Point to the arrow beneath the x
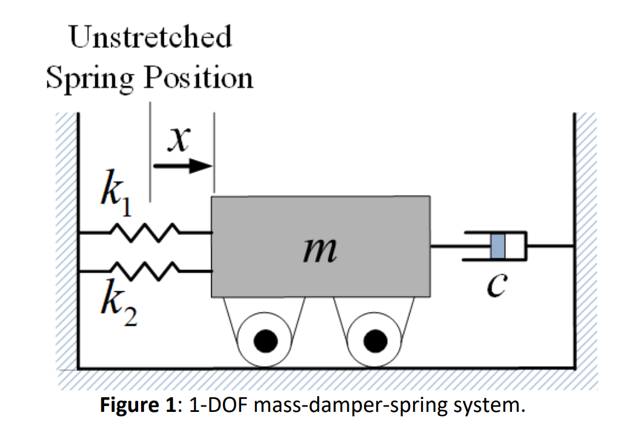coord(182,166)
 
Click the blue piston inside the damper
coord(497,246)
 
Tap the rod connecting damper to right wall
coord(550,246)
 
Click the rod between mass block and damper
coord(448,246)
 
